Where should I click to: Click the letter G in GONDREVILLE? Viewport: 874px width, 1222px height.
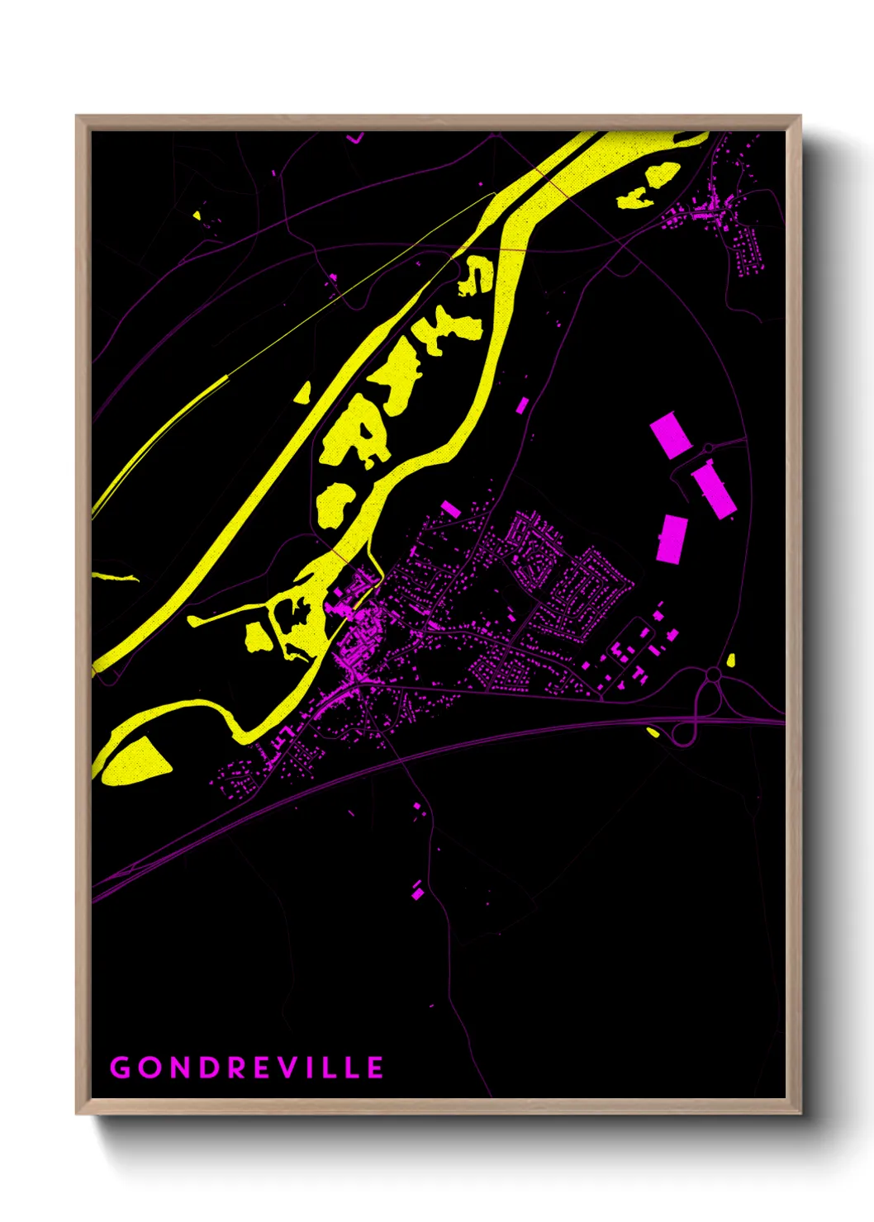click(x=121, y=1068)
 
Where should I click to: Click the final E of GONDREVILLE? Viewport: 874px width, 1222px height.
click(x=375, y=1068)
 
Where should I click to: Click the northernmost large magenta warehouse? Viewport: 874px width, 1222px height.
click(x=670, y=435)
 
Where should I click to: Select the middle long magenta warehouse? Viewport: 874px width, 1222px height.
click(x=714, y=490)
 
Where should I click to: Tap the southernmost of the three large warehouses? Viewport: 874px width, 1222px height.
click(x=672, y=538)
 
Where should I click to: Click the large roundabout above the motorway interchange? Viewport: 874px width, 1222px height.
click(x=712, y=675)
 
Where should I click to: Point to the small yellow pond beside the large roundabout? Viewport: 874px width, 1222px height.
click(x=731, y=660)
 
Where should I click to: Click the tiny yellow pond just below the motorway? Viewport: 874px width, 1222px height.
click(x=653, y=732)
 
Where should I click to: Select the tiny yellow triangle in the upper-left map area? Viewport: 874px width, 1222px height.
click(x=197, y=216)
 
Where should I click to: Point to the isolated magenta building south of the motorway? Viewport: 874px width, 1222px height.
click(x=417, y=890)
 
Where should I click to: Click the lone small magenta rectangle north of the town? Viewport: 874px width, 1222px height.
click(x=522, y=405)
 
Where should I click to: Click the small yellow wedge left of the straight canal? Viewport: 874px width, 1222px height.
click(x=302, y=392)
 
